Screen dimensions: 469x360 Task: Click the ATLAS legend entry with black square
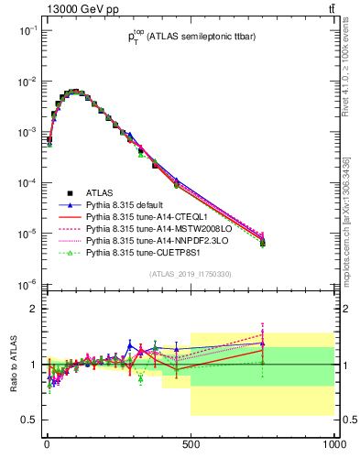tap(100, 192)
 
